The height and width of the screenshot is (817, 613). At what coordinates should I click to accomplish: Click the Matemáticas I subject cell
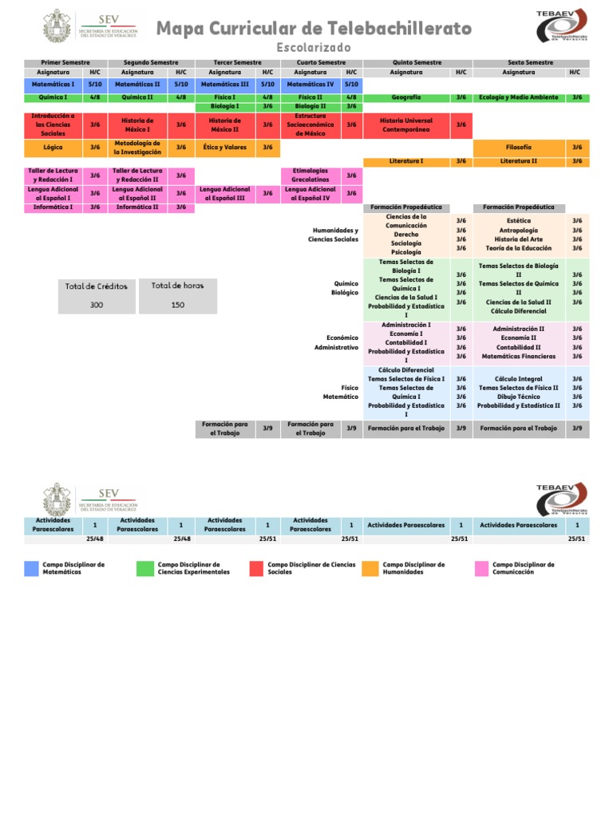[53, 84]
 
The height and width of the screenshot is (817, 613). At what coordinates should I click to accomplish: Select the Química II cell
[137, 97]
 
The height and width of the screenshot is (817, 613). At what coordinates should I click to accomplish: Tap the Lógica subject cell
[53, 148]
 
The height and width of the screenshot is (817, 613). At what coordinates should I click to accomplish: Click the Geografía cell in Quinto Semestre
[406, 97]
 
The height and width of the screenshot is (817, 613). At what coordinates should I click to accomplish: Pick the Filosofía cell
[519, 148]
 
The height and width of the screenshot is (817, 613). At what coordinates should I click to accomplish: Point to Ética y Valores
[224, 148]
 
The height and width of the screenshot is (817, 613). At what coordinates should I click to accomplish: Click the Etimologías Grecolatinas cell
[310, 175]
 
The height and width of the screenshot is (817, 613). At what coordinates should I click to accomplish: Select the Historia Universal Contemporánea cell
[406, 124]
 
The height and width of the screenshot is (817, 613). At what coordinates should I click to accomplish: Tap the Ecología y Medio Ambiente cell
[519, 97]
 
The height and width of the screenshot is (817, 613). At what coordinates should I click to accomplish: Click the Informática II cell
[137, 207]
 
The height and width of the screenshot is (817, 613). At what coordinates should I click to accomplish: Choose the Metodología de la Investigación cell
[137, 148]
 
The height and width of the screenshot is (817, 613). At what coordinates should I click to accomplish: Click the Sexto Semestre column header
[531, 62]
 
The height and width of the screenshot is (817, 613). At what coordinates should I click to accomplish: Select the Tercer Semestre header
[237, 62]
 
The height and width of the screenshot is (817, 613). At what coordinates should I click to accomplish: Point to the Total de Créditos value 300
[97, 305]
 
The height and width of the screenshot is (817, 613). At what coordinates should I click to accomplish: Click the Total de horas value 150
[178, 305]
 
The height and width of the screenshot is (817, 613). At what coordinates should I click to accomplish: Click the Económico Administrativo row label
[336, 342]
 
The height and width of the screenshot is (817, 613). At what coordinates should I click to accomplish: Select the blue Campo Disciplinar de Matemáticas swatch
[31, 568]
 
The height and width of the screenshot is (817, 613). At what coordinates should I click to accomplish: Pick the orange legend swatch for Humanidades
[370, 568]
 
